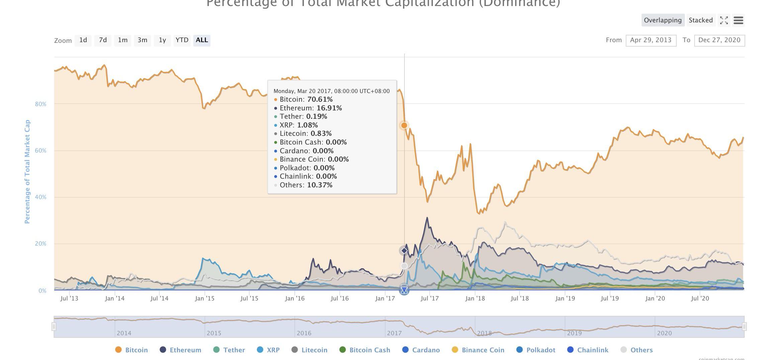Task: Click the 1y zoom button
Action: (x=162, y=40)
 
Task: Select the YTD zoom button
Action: (x=182, y=40)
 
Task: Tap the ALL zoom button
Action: (x=202, y=40)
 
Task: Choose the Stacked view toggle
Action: (x=700, y=20)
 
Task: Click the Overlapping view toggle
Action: (x=663, y=20)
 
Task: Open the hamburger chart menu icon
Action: (x=738, y=20)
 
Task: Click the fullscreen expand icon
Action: (x=724, y=20)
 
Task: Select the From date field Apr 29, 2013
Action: (x=651, y=40)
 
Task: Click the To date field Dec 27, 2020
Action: (x=719, y=40)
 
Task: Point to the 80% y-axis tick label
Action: (x=40, y=104)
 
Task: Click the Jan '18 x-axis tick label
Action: (x=475, y=298)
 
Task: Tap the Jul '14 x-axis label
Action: (x=159, y=298)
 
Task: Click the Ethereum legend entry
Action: (x=185, y=350)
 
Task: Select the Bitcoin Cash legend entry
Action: (x=369, y=350)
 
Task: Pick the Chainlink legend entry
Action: (x=592, y=350)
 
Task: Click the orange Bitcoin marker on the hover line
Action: (x=404, y=125)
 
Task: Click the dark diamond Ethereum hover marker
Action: (x=404, y=251)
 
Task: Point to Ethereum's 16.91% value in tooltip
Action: (x=329, y=108)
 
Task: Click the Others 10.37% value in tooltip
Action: (x=319, y=185)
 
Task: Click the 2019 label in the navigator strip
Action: (x=574, y=333)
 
